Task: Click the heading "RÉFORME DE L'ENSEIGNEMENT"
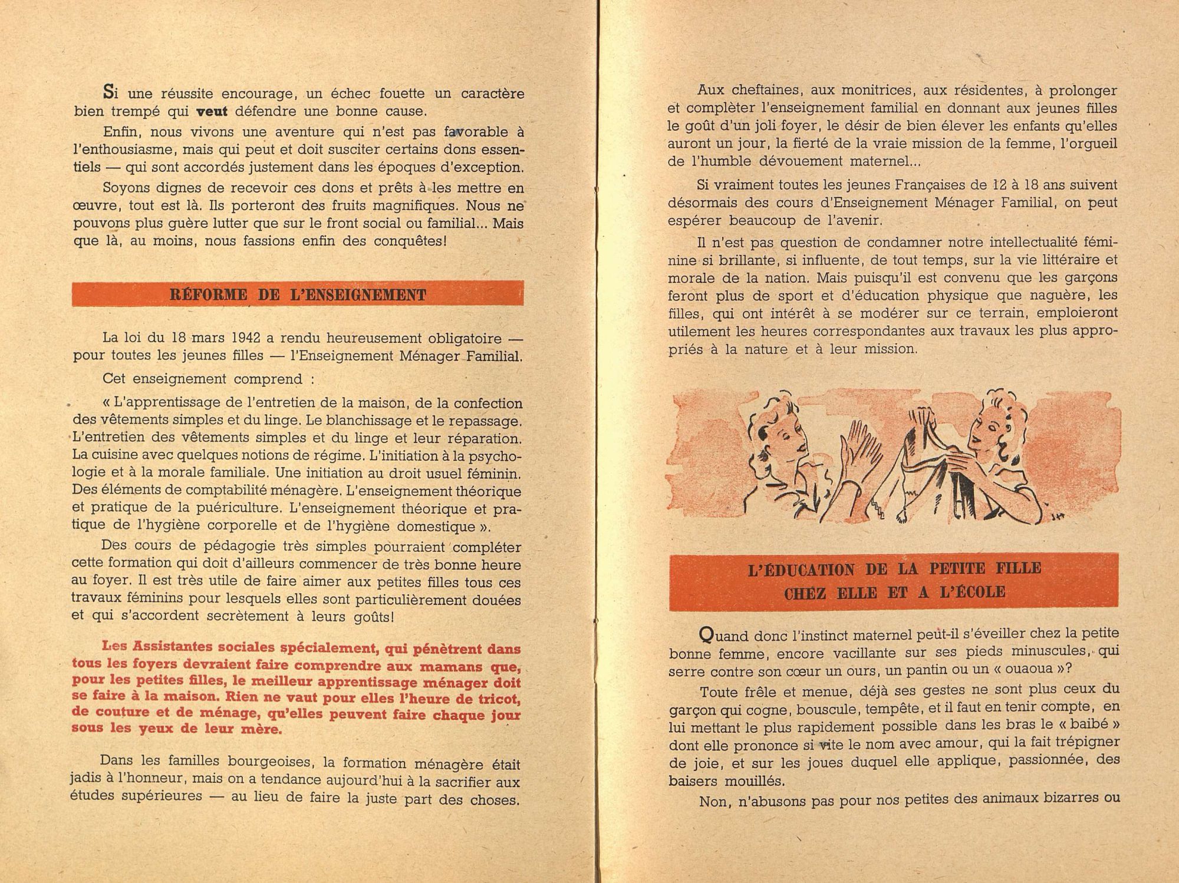(297, 295)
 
